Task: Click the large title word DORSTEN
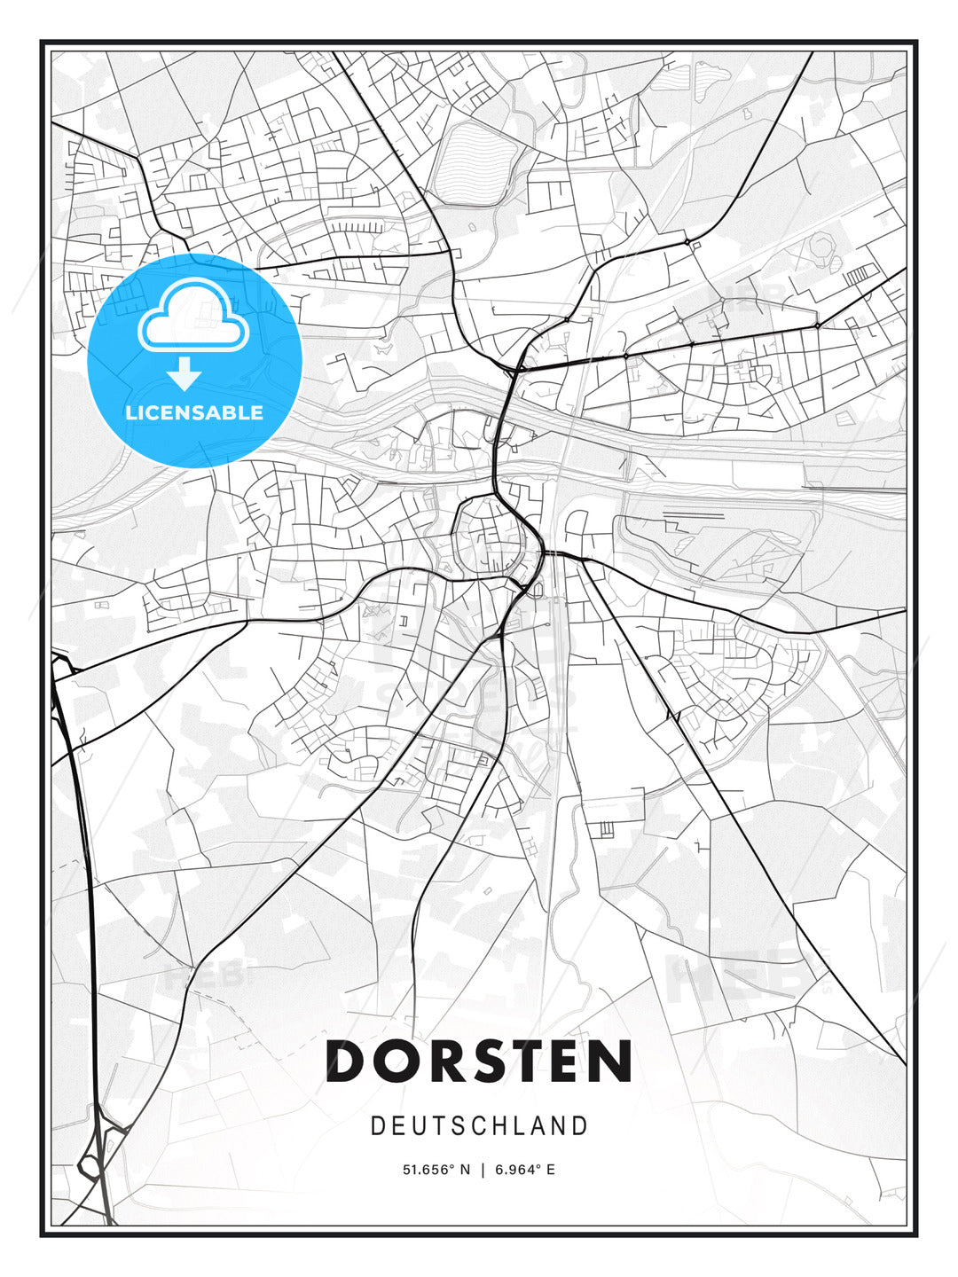coord(479,1062)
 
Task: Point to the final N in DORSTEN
coord(610,1062)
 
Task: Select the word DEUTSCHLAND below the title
coord(479,1126)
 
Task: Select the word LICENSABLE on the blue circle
coord(194,412)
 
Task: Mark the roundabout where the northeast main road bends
coord(687,240)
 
